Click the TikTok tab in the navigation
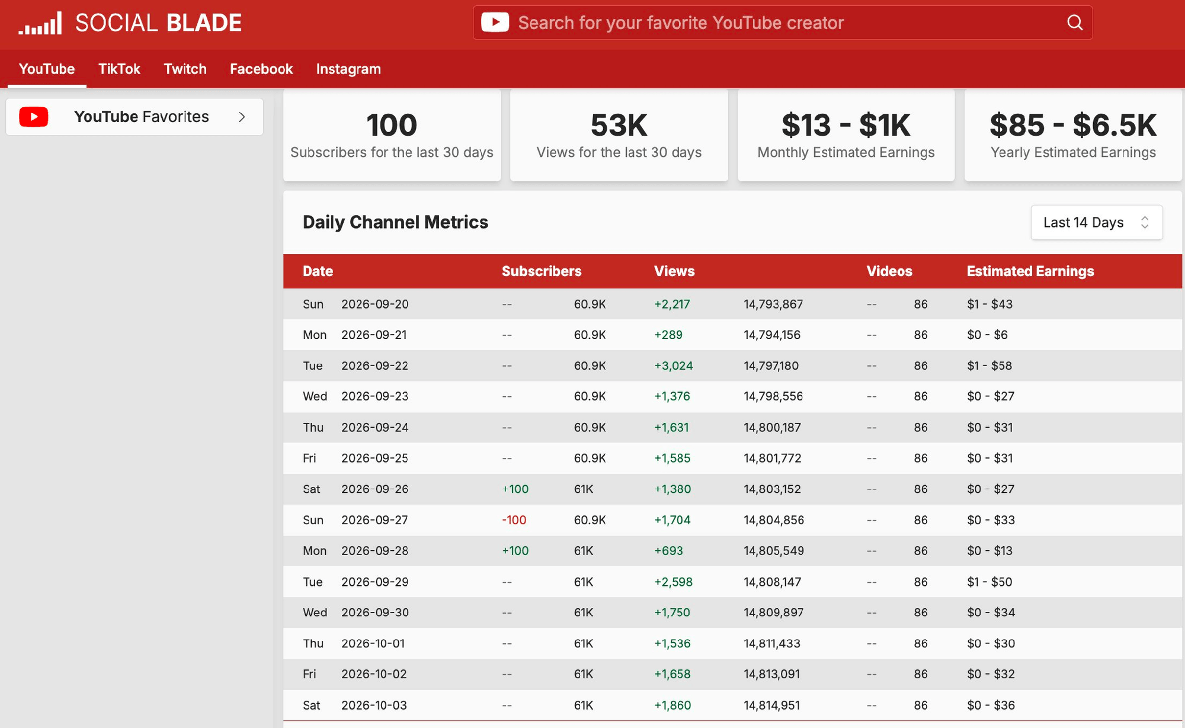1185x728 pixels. (119, 69)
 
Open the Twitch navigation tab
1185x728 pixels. (185, 69)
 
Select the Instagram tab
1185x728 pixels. (348, 69)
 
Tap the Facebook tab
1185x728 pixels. (261, 69)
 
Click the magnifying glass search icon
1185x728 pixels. (1075, 23)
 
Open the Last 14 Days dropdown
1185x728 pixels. (1097, 222)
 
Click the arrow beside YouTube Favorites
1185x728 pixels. (242, 117)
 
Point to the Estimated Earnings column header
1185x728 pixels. (1030, 271)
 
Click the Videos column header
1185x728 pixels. (889, 271)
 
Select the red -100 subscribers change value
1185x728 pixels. (514, 520)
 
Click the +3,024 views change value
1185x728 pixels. (674, 365)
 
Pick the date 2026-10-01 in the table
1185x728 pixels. (373, 643)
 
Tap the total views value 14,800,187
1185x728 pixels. (772, 428)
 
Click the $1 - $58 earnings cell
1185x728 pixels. (989, 365)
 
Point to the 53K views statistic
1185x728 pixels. (619, 125)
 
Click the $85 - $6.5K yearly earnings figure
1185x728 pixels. (1073, 125)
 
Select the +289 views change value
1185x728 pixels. (668, 335)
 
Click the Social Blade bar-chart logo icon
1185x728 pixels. (40, 23)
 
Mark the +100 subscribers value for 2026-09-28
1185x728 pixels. (515, 551)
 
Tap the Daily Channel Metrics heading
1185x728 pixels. (395, 222)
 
